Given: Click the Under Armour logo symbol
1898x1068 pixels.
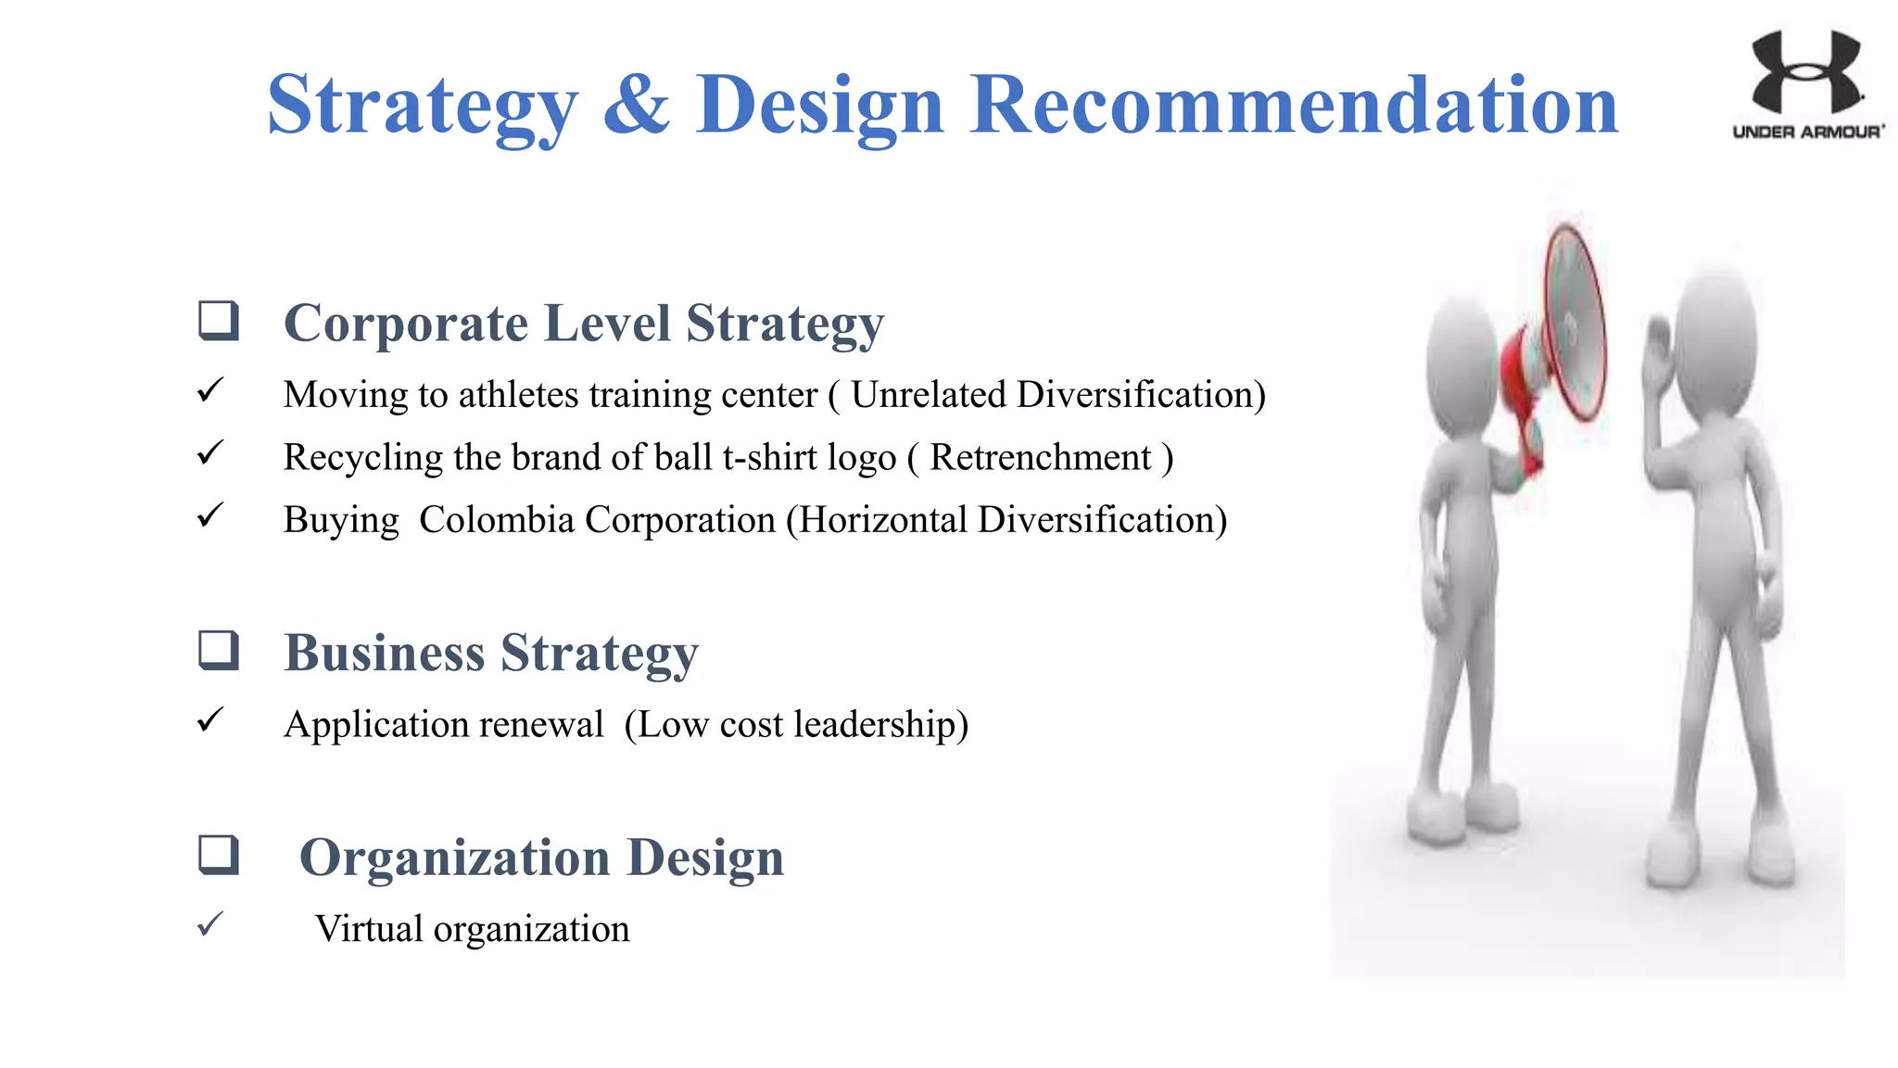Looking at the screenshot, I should [x=1805, y=71].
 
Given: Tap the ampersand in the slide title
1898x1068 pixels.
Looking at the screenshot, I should [x=636, y=104].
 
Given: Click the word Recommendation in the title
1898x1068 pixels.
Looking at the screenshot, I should [x=1294, y=104].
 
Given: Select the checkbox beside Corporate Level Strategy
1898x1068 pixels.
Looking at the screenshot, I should [x=219, y=321].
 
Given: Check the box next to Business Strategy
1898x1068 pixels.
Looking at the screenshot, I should [x=219, y=650].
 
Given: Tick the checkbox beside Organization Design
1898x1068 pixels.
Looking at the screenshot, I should [x=219, y=855].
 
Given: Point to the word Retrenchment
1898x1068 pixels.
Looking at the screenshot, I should [x=1040, y=457].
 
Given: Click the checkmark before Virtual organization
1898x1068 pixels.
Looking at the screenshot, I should [x=210, y=923].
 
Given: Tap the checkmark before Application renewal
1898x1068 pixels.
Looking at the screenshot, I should [x=210, y=719].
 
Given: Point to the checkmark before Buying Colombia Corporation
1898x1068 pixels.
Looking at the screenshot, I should [x=210, y=515].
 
